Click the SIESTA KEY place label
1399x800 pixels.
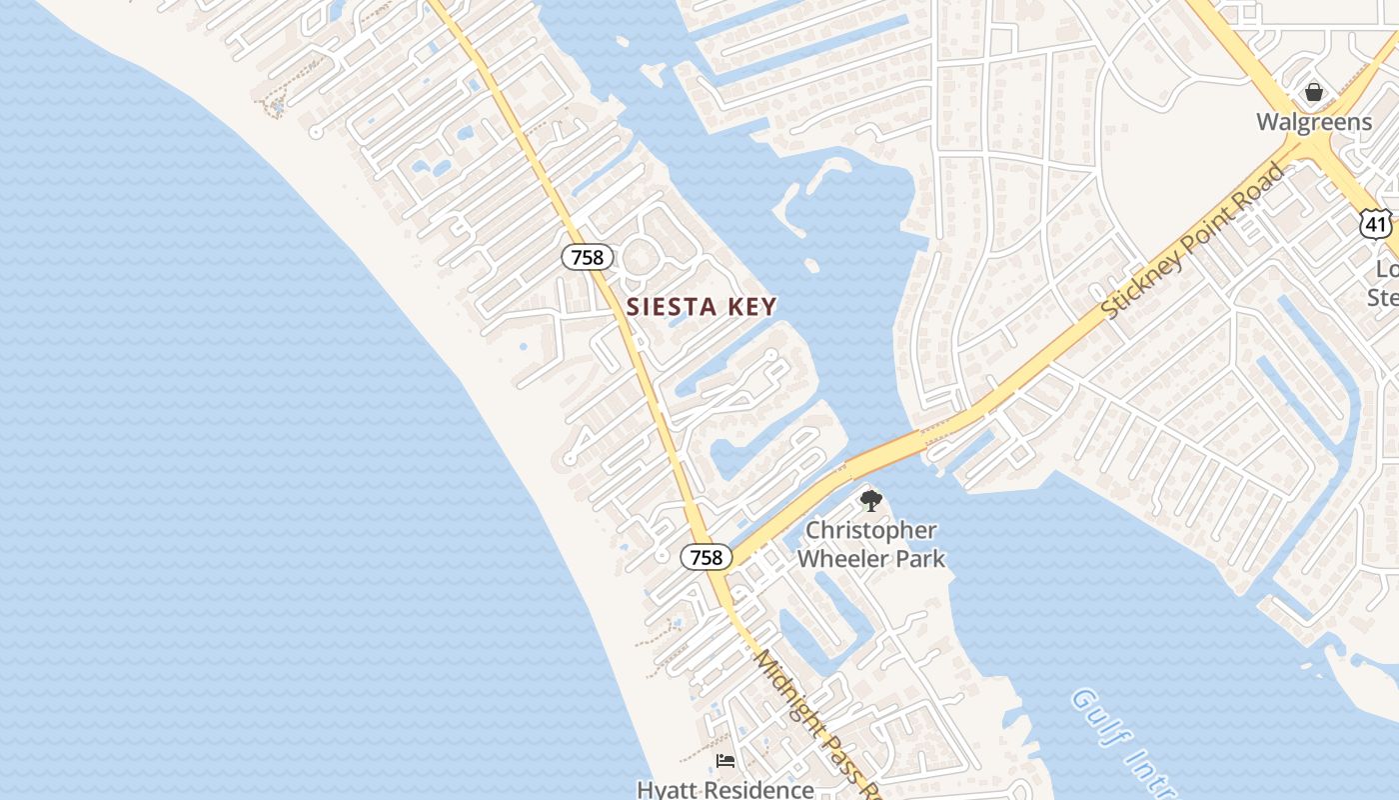click(701, 307)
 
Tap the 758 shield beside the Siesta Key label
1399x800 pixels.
click(587, 257)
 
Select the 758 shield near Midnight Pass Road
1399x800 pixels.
click(705, 557)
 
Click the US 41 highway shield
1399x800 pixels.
click(1376, 225)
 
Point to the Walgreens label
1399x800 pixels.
click(1313, 122)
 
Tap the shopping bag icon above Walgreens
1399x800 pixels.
click(1313, 92)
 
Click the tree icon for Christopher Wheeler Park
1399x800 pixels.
click(870, 500)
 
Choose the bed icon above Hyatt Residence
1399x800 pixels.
click(725, 762)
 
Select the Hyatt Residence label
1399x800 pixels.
click(725, 789)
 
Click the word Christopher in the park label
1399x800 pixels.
click(871, 530)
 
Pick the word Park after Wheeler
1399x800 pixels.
click(918, 558)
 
